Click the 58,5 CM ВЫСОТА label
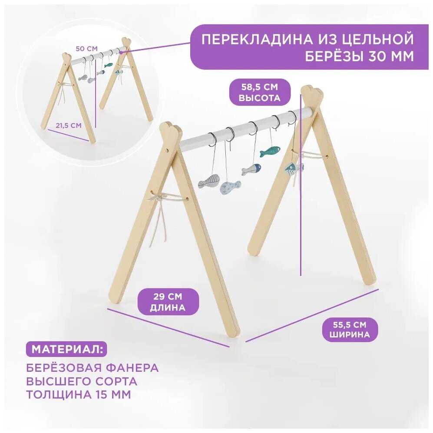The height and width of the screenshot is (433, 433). [260, 92]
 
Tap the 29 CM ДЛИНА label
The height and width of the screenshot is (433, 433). [168, 302]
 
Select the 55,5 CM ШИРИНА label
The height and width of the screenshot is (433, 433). [350, 330]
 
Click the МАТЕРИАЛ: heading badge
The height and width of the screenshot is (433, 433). [66, 349]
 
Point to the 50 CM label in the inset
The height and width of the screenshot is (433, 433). [87, 49]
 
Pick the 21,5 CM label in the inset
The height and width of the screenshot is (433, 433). [69, 126]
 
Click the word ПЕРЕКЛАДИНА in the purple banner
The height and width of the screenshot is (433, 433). [257, 40]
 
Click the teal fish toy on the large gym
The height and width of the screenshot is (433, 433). [270, 151]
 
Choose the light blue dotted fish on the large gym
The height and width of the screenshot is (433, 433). [230, 188]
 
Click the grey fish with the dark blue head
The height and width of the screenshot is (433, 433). [251, 169]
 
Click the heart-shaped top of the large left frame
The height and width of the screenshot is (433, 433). [171, 129]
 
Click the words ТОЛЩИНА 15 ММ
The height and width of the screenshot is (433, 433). [79, 394]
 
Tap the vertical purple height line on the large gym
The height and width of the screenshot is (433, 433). [301, 185]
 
